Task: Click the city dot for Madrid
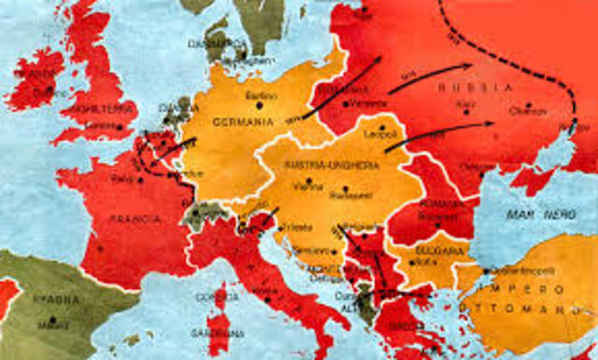pos(52,320)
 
